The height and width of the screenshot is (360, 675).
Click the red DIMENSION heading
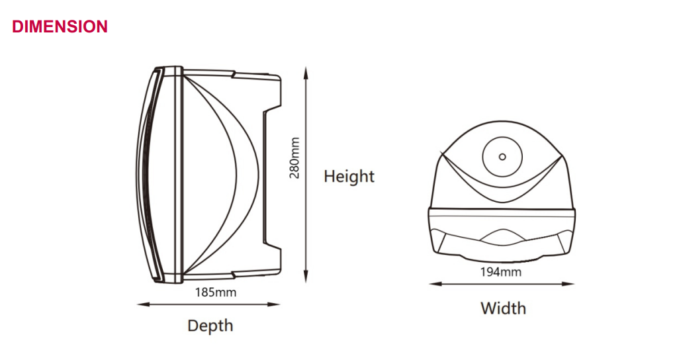coord(60,26)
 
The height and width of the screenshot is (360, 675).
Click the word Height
coord(349,177)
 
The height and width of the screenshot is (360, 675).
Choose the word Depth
coord(210,326)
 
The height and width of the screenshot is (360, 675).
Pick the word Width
coord(503,308)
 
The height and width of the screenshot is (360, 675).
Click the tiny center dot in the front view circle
coord(502,157)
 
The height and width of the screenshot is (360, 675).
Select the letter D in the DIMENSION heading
coord(18,26)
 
